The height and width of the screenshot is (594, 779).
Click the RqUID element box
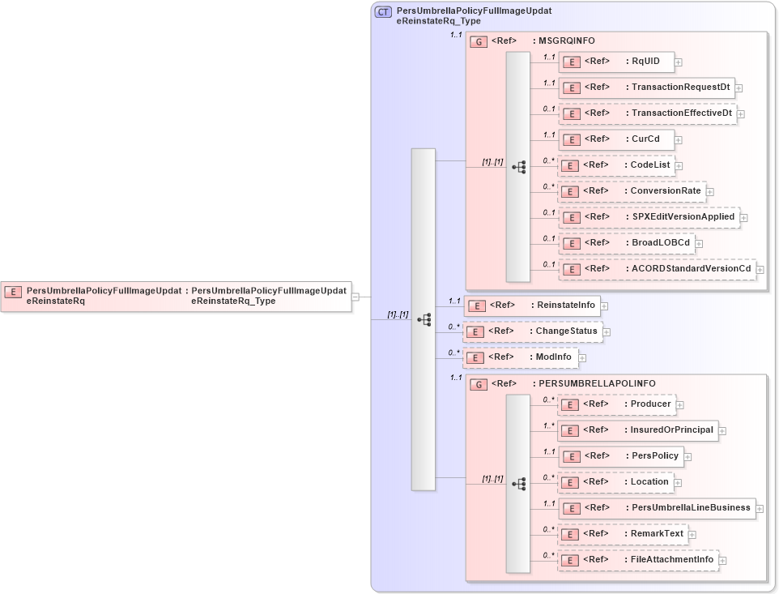click(616, 62)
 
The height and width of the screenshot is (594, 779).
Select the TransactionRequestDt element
click(645, 88)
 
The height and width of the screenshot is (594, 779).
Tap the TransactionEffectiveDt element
click(647, 113)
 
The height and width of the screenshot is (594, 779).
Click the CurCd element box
click(616, 139)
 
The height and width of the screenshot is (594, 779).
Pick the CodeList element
click(616, 165)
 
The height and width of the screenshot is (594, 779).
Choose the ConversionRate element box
click(632, 191)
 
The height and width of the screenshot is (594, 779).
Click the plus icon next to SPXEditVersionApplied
click(743, 218)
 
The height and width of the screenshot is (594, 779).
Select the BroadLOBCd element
click(626, 243)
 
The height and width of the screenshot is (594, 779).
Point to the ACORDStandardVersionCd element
click(657, 269)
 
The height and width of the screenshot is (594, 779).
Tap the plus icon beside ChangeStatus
click(607, 332)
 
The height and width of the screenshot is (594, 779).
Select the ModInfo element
click(520, 357)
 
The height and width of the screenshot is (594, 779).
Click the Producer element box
click(616, 404)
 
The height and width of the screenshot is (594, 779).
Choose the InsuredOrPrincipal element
click(637, 430)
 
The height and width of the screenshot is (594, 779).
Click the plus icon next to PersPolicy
click(687, 457)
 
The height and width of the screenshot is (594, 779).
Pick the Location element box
click(615, 482)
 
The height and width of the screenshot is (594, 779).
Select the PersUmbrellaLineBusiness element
click(657, 508)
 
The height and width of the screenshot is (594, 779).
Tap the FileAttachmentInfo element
click(637, 560)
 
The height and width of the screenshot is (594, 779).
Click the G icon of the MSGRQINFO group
click(479, 41)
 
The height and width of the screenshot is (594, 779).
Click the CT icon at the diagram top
click(383, 12)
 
